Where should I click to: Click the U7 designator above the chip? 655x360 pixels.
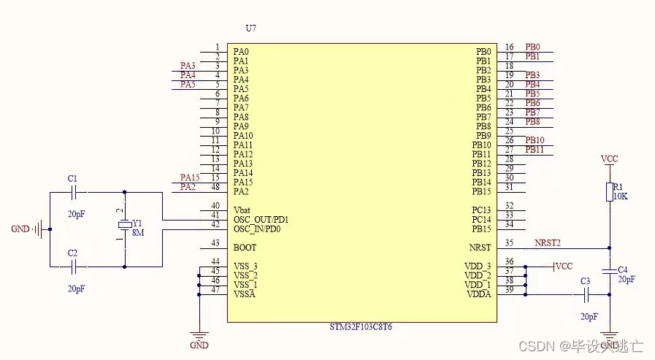[251, 28]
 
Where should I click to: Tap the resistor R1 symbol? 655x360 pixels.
[610, 192]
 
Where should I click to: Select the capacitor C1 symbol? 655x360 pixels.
[72, 193]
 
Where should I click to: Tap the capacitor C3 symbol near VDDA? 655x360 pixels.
[586, 294]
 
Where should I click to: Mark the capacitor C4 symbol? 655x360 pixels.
[610, 270]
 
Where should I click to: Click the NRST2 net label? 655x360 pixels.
[547, 242]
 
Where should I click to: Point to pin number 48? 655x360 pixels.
[215, 187]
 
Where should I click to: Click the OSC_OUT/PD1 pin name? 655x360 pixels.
[261, 219]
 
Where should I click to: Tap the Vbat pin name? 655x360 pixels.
[242, 210]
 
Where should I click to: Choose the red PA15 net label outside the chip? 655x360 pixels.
[189, 177]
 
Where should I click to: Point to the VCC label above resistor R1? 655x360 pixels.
[610, 158]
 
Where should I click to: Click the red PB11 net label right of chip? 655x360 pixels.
[535, 150]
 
